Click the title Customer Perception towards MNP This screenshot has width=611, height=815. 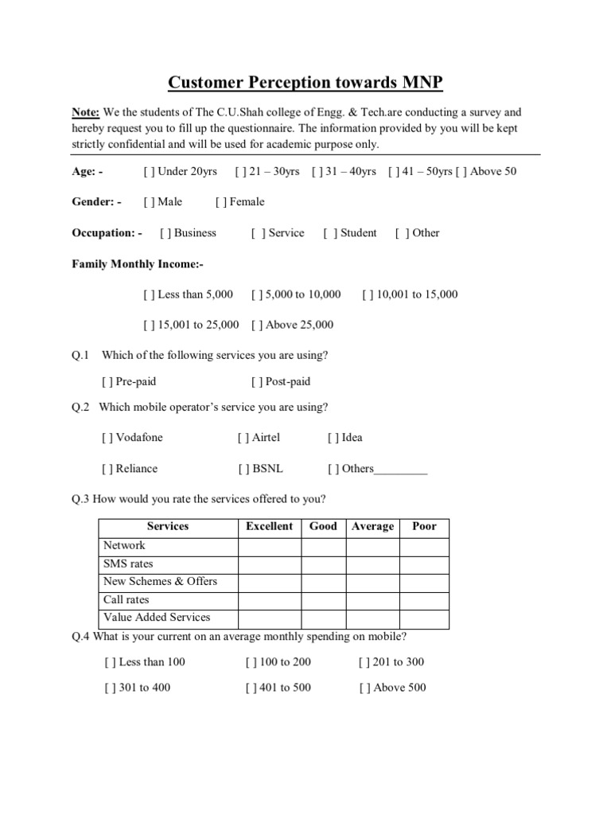click(x=305, y=84)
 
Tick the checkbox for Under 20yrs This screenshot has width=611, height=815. click(x=149, y=171)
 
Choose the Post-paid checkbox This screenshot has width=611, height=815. click(x=256, y=382)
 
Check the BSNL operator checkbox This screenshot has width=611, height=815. click(x=243, y=469)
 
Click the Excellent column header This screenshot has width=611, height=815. click(x=269, y=527)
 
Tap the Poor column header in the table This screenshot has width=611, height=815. click(x=424, y=527)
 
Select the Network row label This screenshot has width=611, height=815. click(x=124, y=546)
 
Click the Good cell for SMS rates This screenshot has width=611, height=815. click(x=323, y=564)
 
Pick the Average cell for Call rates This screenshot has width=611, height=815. click(x=372, y=600)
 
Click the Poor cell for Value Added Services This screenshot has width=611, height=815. click(x=424, y=618)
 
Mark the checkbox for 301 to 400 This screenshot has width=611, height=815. click(x=110, y=688)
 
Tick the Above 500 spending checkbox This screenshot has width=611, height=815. click(x=364, y=688)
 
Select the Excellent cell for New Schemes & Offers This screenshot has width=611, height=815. click(x=269, y=582)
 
